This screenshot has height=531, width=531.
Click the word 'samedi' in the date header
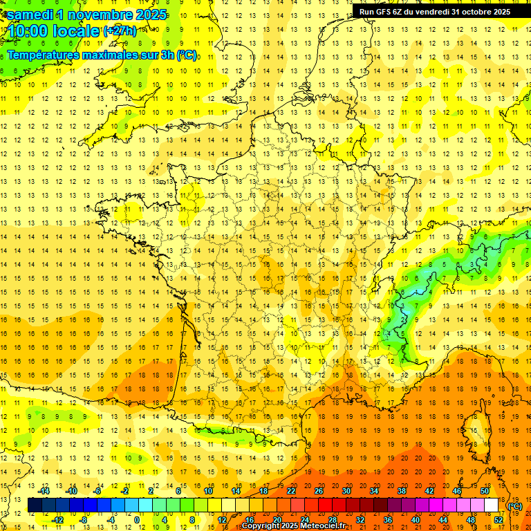point(30,14)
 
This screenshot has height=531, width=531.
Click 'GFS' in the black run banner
point(387,12)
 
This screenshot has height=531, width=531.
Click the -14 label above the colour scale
point(44,491)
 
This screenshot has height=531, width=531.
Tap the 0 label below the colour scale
point(137,519)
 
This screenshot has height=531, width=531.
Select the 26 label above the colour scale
point(318,491)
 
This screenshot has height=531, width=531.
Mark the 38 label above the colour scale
point(401,491)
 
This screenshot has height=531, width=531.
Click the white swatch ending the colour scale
point(492,505)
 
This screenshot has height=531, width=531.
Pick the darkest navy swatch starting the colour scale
point(35,505)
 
